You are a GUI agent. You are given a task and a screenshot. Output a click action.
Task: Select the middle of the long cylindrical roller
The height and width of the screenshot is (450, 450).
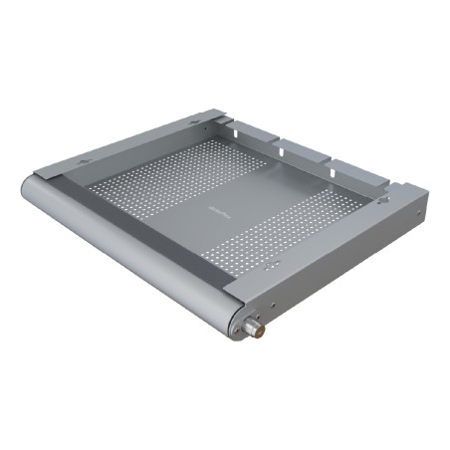click(129, 254)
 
